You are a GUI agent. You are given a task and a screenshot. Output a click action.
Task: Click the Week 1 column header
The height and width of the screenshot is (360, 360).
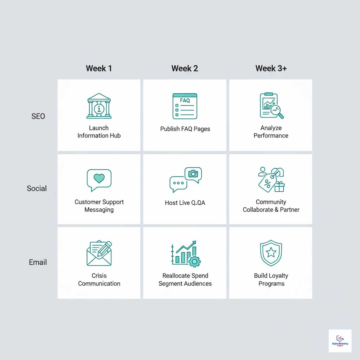99,68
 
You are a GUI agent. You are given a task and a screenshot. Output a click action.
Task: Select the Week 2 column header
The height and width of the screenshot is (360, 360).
185,68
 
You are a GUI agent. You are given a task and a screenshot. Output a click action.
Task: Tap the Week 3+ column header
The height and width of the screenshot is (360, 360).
271,68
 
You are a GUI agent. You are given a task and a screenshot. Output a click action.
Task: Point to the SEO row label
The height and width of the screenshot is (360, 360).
38,116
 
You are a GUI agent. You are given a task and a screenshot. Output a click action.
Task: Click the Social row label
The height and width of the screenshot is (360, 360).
37,188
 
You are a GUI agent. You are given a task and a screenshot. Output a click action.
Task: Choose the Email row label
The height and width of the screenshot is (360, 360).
38,262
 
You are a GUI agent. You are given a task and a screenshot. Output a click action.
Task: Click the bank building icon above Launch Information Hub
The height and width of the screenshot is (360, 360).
99,106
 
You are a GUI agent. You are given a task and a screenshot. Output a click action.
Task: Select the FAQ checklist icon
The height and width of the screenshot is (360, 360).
185,106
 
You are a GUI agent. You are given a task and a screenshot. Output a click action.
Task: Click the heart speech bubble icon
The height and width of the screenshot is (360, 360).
99,179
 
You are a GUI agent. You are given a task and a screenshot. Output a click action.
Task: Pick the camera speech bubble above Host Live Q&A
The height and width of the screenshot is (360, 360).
193,174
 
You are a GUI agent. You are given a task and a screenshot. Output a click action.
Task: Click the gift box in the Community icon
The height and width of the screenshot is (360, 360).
279,186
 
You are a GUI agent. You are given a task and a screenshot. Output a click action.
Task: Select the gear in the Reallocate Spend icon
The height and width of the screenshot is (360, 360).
194,261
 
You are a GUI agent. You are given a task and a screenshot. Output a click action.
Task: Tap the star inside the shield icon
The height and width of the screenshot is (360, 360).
271,252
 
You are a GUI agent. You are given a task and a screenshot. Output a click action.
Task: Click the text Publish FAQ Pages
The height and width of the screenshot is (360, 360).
185,129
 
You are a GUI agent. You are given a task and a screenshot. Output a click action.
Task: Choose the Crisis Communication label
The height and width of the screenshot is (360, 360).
99,279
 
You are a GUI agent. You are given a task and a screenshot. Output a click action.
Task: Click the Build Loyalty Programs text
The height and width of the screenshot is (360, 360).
271,279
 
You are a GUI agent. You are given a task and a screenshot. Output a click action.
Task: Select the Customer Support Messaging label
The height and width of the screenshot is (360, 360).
99,206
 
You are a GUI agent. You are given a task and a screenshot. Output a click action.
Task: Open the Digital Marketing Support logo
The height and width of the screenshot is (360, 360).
340,341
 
